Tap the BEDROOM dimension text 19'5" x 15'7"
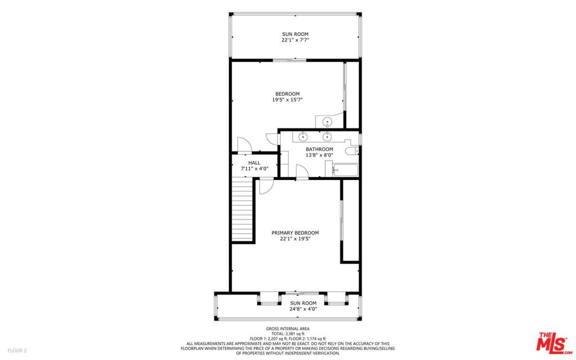tap(287, 100)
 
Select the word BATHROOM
tap(319, 149)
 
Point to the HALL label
tap(254, 163)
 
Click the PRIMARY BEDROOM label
tap(295, 233)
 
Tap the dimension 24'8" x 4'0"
tap(303, 309)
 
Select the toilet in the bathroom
tap(352, 151)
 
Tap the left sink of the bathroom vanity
tap(303, 137)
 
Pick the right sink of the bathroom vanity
tap(327, 137)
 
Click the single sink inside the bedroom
tap(327, 121)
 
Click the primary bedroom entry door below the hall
tap(266, 186)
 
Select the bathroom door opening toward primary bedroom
tap(302, 172)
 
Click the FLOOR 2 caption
tap(17, 350)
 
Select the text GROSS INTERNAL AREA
tap(287, 328)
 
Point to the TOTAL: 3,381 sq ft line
tap(287, 334)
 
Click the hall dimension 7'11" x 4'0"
tap(255, 169)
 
